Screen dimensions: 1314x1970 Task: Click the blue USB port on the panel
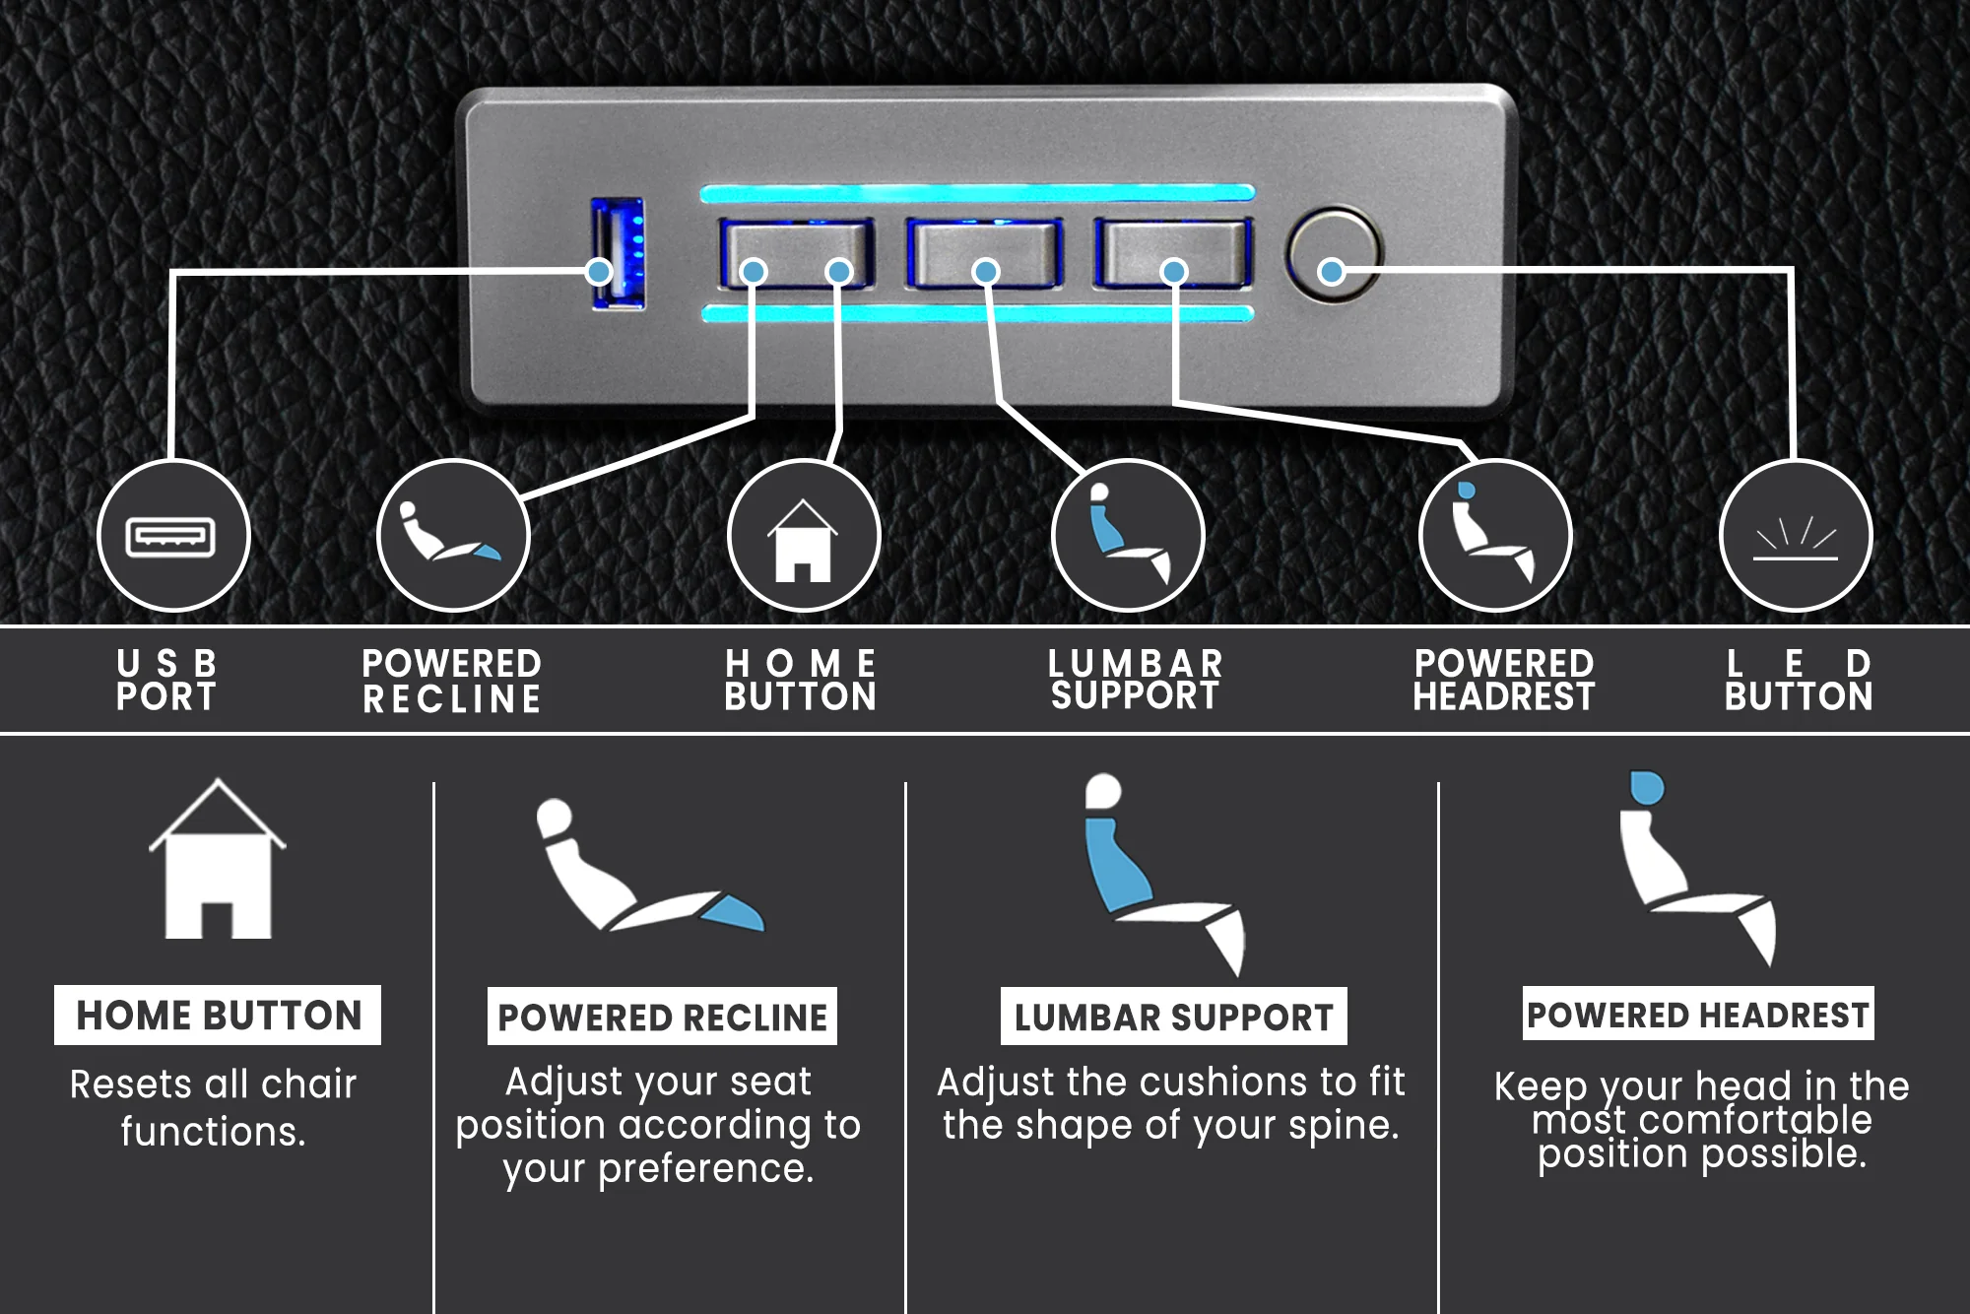618,253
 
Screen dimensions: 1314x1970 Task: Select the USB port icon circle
173,536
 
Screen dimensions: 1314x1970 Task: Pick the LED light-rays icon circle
1795,536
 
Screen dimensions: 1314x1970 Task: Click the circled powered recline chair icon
453,536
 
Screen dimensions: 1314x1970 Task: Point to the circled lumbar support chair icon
1127,536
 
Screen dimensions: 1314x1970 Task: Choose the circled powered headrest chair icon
1494,536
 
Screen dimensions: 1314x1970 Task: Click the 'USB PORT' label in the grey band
166,680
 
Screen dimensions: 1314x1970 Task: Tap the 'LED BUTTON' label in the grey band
1799,680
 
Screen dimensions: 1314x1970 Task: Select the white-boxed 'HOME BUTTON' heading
218,1016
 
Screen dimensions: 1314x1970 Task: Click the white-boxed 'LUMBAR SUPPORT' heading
1173,1017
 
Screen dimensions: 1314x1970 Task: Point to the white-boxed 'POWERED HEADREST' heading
1697,1015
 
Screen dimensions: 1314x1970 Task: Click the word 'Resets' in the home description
131,1084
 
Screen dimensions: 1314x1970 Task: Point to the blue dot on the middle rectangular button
985,271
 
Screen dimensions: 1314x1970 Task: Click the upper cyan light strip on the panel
976,193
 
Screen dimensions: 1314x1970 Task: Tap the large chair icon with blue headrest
1695,867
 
